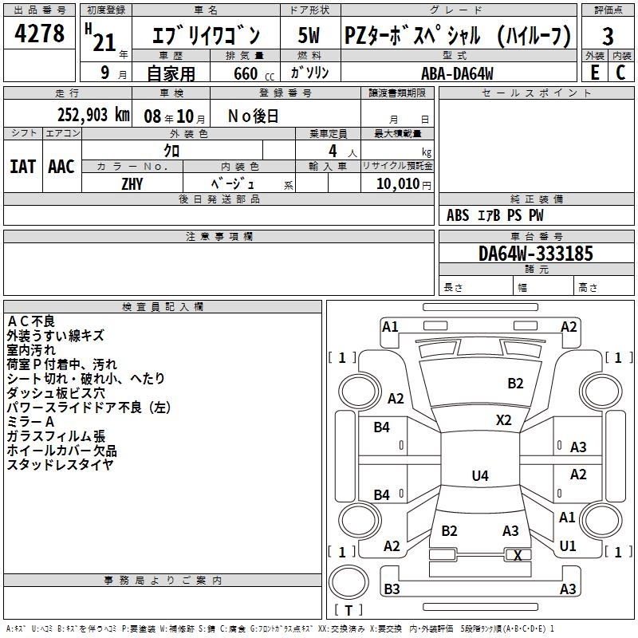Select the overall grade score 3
[608, 36]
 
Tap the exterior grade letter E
[594, 72]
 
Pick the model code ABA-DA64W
[457, 73]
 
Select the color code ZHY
[132, 183]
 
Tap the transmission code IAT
[23, 167]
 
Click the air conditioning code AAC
[61, 167]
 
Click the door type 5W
[310, 36]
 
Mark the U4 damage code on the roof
[480, 476]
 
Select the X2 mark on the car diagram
[503, 419]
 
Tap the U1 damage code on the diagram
[568, 546]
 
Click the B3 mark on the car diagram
[391, 589]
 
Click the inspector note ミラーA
[30, 421]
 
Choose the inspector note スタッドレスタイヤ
[60, 464]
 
